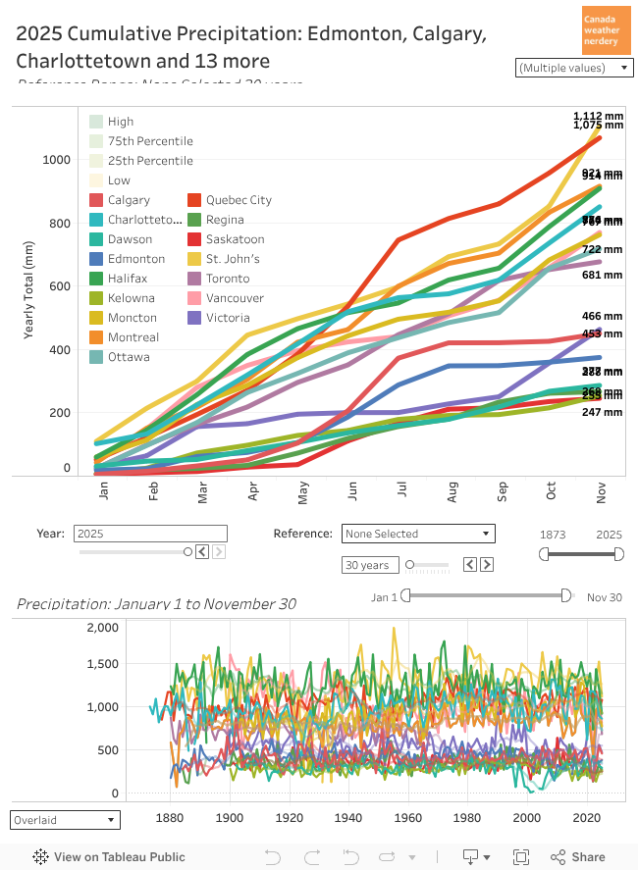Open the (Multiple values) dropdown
click(x=574, y=68)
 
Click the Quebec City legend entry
click(x=239, y=200)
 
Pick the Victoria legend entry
click(x=228, y=318)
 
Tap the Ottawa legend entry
click(x=128, y=357)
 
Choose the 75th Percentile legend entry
click(x=149, y=141)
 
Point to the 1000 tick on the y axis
click(x=57, y=160)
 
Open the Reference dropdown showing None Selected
click(x=417, y=534)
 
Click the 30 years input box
click(x=369, y=565)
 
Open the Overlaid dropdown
click(x=65, y=819)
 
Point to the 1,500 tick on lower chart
click(x=103, y=664)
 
